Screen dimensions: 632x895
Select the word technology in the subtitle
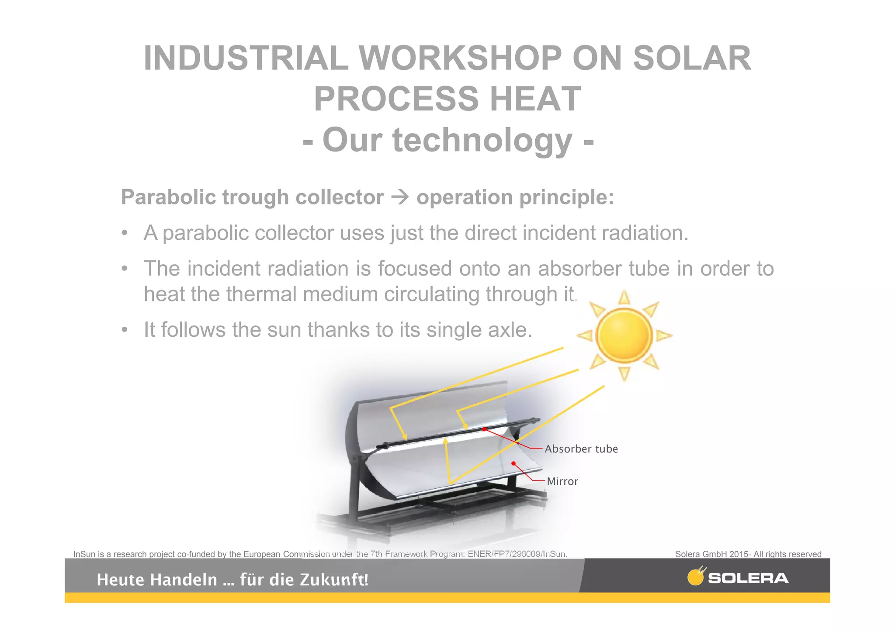(482, 140)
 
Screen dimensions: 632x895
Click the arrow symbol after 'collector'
(400, 197)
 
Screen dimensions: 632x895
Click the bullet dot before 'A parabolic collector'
(125, 233)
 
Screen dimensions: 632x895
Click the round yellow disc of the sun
(624, 335)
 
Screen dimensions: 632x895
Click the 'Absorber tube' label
(581, 449)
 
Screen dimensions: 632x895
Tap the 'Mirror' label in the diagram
(562, 481)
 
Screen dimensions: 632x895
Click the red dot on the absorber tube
(484, 429)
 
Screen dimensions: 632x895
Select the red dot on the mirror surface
(514, 463)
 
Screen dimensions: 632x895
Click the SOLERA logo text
(748, 578)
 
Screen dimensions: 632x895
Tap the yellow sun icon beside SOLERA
(696, 577)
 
